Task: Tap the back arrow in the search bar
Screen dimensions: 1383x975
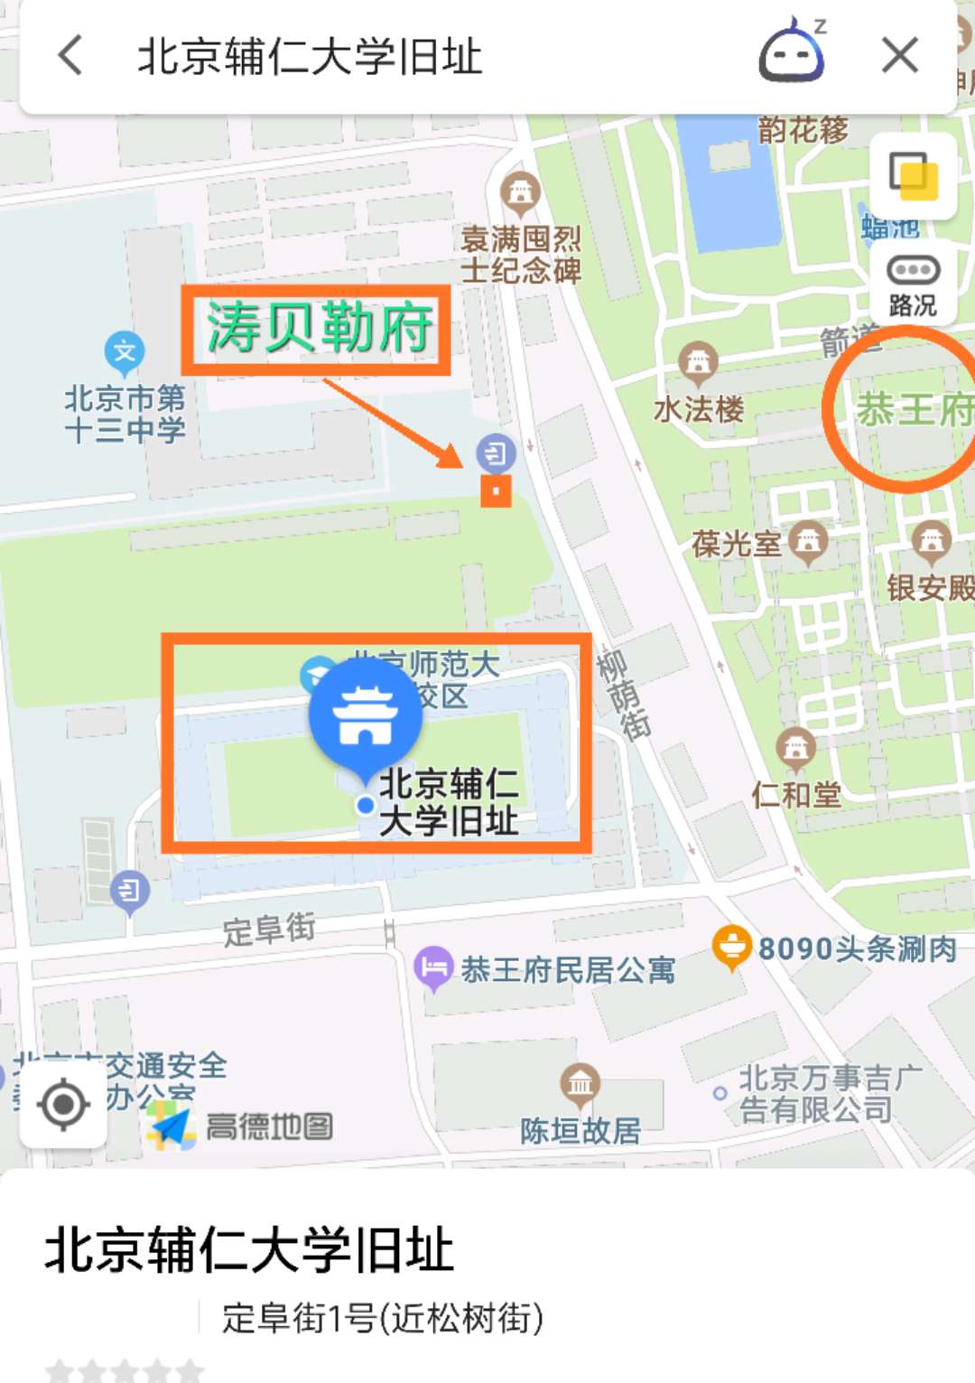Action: coord(70,55)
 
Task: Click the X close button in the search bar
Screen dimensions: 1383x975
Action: coord(899,55)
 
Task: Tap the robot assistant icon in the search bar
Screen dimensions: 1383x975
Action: coord(792,53)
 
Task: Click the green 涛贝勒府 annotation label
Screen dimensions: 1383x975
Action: coord(317,329)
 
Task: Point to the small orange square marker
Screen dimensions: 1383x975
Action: coord(496,491)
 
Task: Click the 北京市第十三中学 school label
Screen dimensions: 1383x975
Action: coord(125,413)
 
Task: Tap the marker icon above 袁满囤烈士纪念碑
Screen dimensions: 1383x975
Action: coord(520,192)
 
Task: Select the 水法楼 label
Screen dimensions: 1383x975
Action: coord(699,409)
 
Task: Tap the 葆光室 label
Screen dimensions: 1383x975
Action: coord(737,544)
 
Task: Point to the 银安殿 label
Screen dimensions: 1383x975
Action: coord(930,588)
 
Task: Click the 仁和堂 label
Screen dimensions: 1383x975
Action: coord(796,794)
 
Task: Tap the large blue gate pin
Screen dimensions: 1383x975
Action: coord(366,715)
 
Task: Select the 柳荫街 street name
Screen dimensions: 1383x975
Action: coord(623,695)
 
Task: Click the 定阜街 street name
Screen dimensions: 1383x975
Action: coord(269,929)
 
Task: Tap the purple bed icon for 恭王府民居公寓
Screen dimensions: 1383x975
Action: coord(433,967)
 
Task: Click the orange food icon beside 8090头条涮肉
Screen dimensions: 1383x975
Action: coord(731,947)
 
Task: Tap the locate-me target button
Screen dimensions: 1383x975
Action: coord(63,1104)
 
